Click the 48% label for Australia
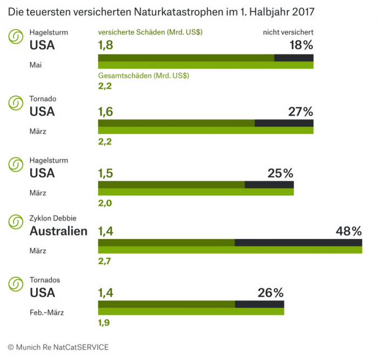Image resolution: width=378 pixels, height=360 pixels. tap(348, 231)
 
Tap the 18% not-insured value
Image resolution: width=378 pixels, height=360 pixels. tap(301, 45)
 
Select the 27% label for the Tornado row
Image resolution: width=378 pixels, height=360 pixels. tap(301, 112)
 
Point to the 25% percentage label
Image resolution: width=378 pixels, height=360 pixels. tap(280, 174)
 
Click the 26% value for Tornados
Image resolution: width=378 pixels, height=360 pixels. tap(271, 293)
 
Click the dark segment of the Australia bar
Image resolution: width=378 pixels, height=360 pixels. tap(298, 242)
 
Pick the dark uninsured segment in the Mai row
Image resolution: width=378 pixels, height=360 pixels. tap(294, 58)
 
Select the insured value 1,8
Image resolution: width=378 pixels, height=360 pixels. tap(106, 45)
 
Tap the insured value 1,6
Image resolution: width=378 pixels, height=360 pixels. tap(106, 112)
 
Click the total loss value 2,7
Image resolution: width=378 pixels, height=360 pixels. tap(105, 261)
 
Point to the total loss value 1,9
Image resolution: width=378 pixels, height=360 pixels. tap(104, 323)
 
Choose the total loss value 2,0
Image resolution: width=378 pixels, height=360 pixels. tap(105, 203)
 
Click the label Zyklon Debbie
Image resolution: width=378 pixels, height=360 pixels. tap(52, 218)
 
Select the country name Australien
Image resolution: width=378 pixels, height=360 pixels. tap(58, 231)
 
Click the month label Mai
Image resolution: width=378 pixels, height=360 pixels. tap(35, 65)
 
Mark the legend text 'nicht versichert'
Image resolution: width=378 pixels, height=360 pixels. tap(288, 32)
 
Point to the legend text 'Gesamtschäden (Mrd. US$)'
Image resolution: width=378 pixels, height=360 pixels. tap(143, 76)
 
